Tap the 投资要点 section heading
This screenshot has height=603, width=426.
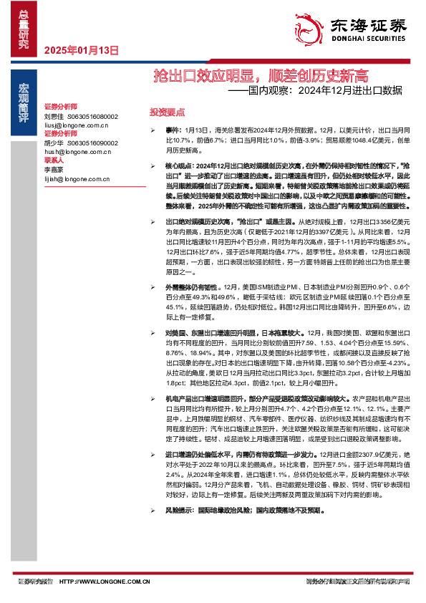pyautogui.click(x=167, y=112)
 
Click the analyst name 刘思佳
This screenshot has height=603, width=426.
pyautogui.click(x=54, y=116)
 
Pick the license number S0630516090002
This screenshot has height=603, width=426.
pyautogui.click(x=92, y=143)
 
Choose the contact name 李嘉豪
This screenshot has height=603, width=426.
pyautogui.click(x=54, y=170)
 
